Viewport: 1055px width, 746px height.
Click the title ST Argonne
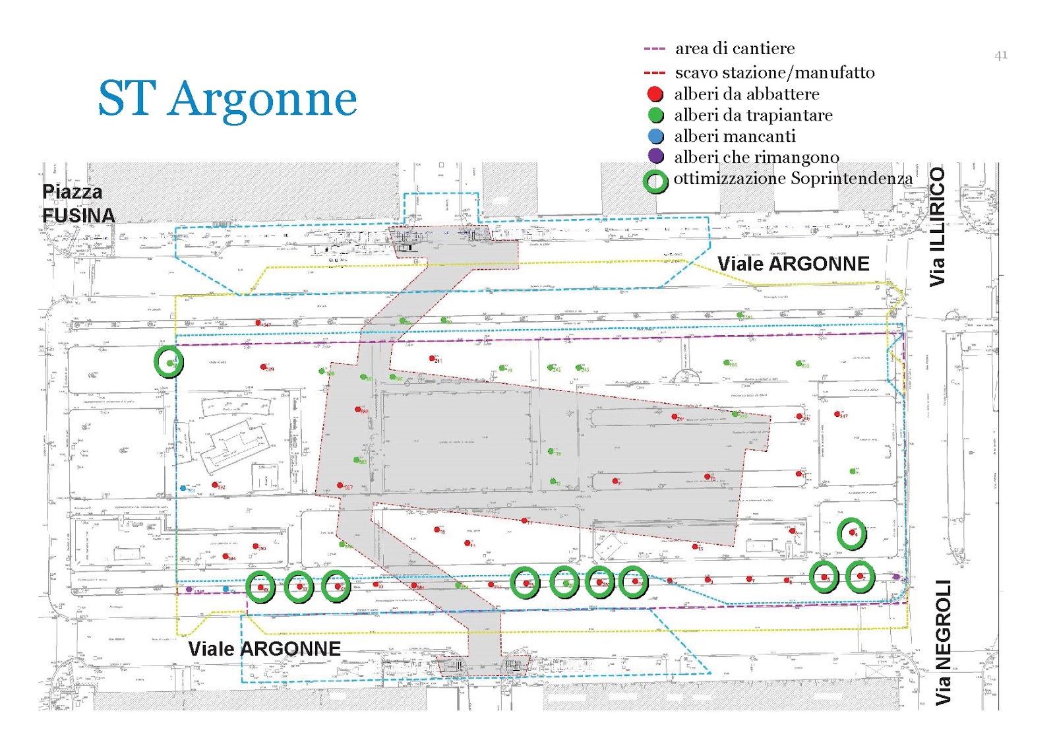click(227, 99)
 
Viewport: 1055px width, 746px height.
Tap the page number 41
click(1000, 55)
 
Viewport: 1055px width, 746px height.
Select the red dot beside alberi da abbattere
click(655, 94)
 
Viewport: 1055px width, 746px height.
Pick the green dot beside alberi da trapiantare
click(655, 115)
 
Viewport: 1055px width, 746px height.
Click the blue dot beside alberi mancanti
click(655, 137)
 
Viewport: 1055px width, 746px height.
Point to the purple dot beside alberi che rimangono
click(655, 156)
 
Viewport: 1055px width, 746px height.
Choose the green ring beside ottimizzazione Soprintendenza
click(655, 181)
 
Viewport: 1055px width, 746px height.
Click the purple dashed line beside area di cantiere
click(654, 49)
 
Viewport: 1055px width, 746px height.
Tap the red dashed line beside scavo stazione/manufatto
click(654, 73)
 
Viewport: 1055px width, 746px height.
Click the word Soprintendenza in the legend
click(851, 178)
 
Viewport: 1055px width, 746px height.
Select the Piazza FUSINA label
click(78, 203)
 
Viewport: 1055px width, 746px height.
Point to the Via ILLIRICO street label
click(937, 226)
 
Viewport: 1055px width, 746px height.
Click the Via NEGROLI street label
click(943, 642)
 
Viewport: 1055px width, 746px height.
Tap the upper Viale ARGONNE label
click(793, 264)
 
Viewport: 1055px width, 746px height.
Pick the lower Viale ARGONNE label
click(264, 649)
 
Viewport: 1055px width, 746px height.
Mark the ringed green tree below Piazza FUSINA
click(169, 362)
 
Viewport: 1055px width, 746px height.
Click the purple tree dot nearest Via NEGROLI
click(895, 577)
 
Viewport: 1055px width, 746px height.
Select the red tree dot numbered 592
click(214, 485)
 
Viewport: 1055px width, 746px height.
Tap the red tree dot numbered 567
click(340, 485)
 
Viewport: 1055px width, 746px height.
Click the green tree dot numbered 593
click(356, 460)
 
